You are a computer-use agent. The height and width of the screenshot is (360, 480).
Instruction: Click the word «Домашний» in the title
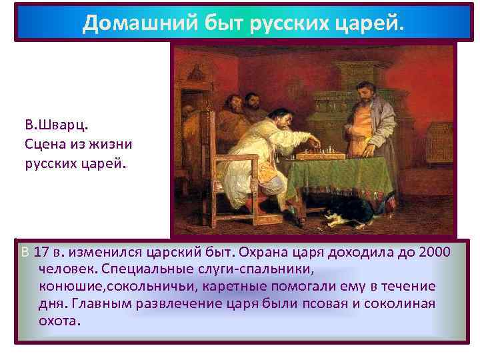click(x=123, y=24)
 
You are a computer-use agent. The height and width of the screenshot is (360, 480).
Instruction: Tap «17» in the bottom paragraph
click(x=41, y=253)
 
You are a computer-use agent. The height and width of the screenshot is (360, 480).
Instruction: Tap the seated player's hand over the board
click(x=314, y=143)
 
